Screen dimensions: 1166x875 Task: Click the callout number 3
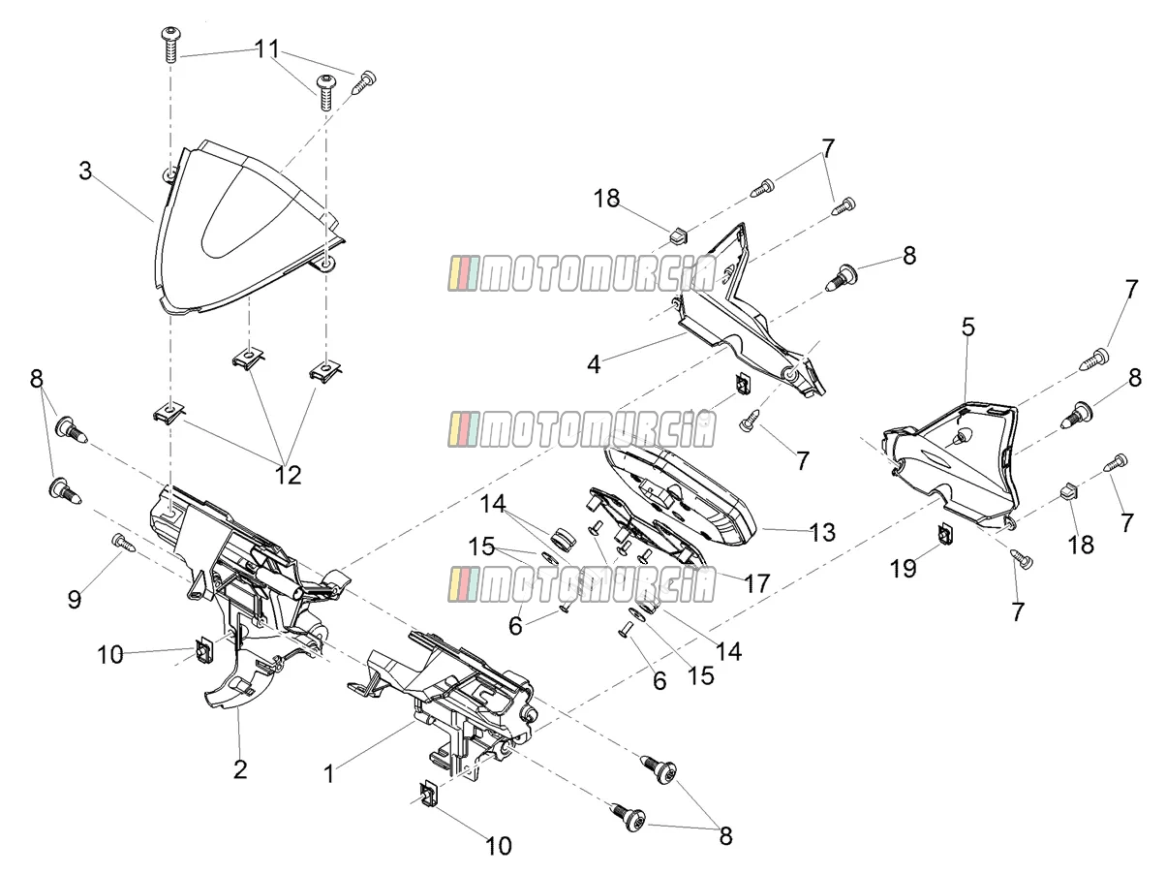coord(85,172)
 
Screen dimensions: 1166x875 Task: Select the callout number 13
coord(822,532)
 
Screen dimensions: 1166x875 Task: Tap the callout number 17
coord(756,584)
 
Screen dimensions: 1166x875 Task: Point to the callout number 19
coord(903,569)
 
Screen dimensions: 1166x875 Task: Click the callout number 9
coord(75,599)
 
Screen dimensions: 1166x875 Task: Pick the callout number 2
coord(240,769)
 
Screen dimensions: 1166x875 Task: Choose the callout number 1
coord(329,774)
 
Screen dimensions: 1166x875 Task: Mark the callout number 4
coord(594,364)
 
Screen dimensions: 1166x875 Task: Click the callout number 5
coord(968,328)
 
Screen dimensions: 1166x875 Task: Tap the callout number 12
coord(288,475)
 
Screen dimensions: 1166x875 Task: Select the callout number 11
coord(267,48)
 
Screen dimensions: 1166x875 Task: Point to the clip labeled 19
coord(944,533)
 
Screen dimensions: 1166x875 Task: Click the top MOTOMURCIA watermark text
coord(582,274)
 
